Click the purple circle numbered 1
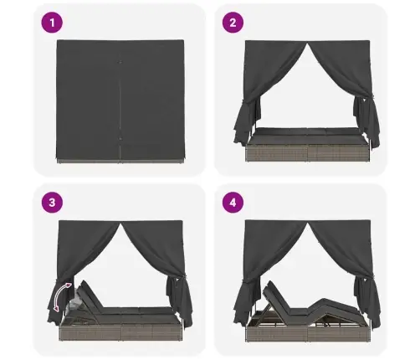52,23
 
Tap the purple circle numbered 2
233,23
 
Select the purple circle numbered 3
52,203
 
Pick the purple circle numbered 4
233,203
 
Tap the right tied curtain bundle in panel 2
366,120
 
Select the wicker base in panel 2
307,152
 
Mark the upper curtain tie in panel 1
120,62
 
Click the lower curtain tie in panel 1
120,138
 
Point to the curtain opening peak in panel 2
308,44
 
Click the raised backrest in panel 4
278,299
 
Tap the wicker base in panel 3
121,333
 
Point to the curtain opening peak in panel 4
308,224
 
